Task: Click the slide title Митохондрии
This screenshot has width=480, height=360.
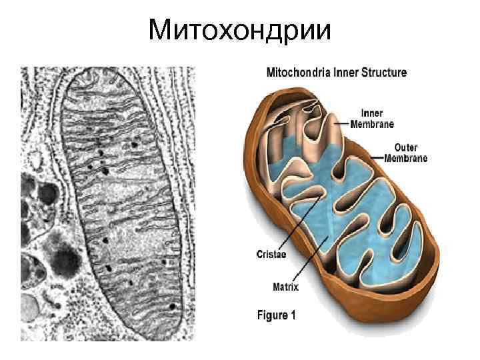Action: [x=239, y=29]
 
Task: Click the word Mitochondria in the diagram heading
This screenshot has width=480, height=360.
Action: [x=295, y=73]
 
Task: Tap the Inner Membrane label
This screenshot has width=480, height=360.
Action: [x=376, y=119]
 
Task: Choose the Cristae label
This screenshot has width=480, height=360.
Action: [x=272, y=253]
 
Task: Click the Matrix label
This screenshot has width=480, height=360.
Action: [x=285, y=287]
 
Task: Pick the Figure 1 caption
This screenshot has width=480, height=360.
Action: [x=276, y=315]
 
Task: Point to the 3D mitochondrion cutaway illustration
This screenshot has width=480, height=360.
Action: [x=340, y=200]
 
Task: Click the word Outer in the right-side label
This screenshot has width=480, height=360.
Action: [x=406, y=147]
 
